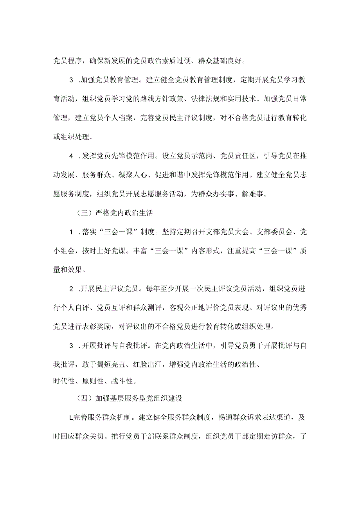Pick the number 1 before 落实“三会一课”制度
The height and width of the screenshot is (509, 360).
pyautogui.click(x=71, y=232)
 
